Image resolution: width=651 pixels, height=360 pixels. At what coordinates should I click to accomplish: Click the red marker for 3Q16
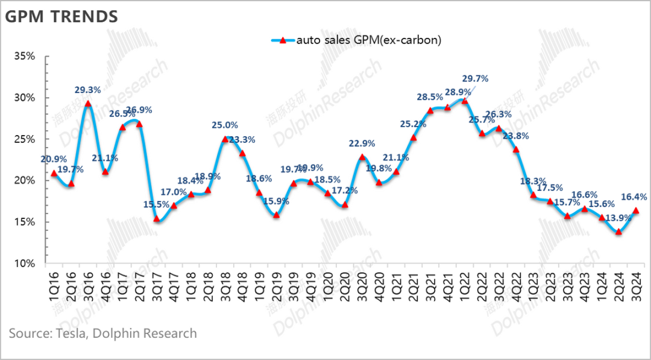tap(88, 104)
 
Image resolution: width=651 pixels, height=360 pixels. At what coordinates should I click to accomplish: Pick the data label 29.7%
tap(475, 78)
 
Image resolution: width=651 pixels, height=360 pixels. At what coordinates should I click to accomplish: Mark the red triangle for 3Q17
tap(157, 219)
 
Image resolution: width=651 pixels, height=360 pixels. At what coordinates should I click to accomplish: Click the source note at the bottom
tap(102, 333)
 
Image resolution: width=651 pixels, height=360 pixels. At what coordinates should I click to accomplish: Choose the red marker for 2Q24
tap(618, 232)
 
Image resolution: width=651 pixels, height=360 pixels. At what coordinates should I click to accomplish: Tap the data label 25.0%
tap(225, 125)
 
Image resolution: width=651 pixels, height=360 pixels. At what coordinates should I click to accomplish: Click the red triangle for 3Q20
tap(362, 157)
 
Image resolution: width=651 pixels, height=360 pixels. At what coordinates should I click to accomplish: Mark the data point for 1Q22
tap(464, 101)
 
